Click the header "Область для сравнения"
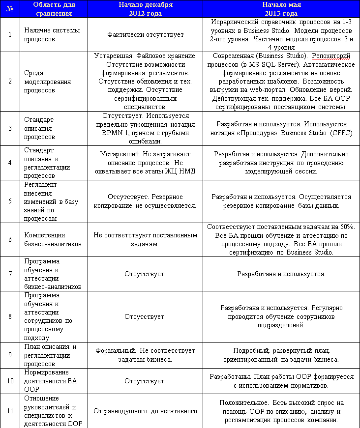point(54,9)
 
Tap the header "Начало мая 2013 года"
point(281,9)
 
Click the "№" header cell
point(10,9)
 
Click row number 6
point(10,240)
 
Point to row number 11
point(10,411)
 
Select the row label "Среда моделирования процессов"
point(47,82)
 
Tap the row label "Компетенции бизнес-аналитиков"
point(53,240)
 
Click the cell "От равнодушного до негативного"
point(145,411)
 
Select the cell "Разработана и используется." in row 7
point(281,274)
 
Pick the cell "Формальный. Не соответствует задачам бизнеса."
point(145,355)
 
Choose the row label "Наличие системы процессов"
point(46,35)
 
